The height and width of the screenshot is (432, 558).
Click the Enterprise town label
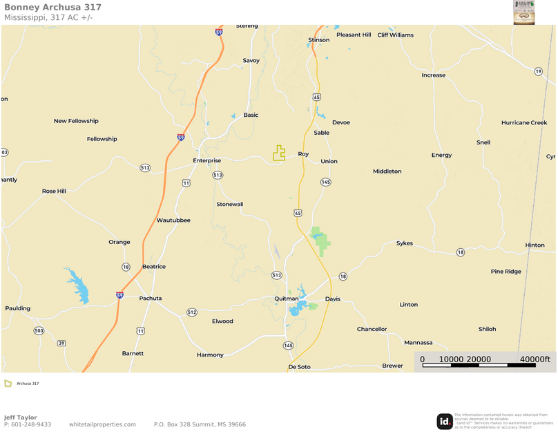[206, 160]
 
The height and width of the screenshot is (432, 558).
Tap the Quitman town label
[286, 299]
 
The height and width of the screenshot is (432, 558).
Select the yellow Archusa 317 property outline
[279, 153]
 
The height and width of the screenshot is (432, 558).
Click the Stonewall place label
[230, 205]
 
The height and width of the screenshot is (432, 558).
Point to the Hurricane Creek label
[524, 122]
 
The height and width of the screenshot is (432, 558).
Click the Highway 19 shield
[538, 71]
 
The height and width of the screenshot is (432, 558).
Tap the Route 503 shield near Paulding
[39, 331]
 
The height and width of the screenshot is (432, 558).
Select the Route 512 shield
[192, 312]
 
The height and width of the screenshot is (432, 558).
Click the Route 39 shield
[61, 343]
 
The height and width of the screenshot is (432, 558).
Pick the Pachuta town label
[151, 299]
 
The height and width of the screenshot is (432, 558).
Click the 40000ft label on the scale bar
[535, 359]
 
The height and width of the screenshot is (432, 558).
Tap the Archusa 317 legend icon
[8, 383]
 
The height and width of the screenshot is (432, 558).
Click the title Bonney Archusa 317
[52, 7]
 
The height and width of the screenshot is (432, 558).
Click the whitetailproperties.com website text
[102, 424]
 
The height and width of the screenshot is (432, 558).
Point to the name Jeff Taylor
[21, 417]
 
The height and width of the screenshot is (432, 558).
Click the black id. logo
[445, 421]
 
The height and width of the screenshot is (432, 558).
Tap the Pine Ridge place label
[506, 272]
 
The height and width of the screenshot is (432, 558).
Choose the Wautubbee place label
[173, 220]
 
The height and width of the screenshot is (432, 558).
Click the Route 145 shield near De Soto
[288, 345]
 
